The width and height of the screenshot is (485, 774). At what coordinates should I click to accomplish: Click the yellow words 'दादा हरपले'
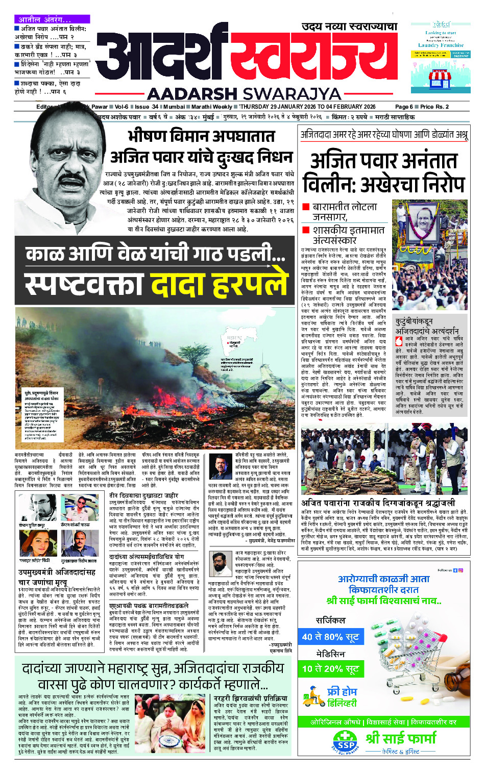pyautogui.click(x=219, y=285)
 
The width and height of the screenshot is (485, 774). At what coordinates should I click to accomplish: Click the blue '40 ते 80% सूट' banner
pyautogui.click(x=330, y=637)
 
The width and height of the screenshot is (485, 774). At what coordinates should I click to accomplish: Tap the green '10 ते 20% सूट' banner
pyautogui.click(x=330, y=669)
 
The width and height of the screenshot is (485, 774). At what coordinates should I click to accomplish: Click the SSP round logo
pyautogui.click(x=346, y=740)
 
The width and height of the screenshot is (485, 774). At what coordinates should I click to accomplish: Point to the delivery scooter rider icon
pyautogui.click(x=312, y=696)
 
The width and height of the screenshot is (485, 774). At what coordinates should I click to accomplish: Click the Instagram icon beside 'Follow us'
pyautogui.click(x=461, y=570)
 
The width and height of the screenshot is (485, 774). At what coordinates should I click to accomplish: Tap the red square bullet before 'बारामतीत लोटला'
pyautogui.click(x=305, y=207)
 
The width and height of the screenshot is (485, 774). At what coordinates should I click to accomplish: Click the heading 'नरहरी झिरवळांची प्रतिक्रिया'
pyautogui.click(x=250, y=698)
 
